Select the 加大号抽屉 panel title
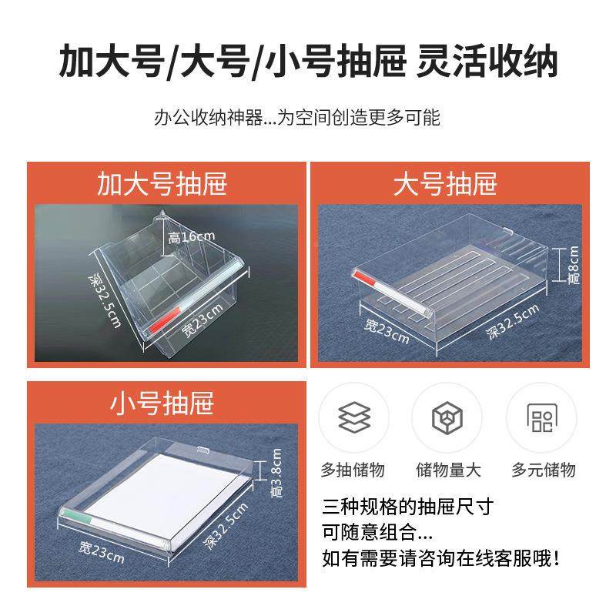point(162,184)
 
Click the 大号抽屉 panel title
point(445,184)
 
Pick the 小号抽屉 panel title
point(162,403)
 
